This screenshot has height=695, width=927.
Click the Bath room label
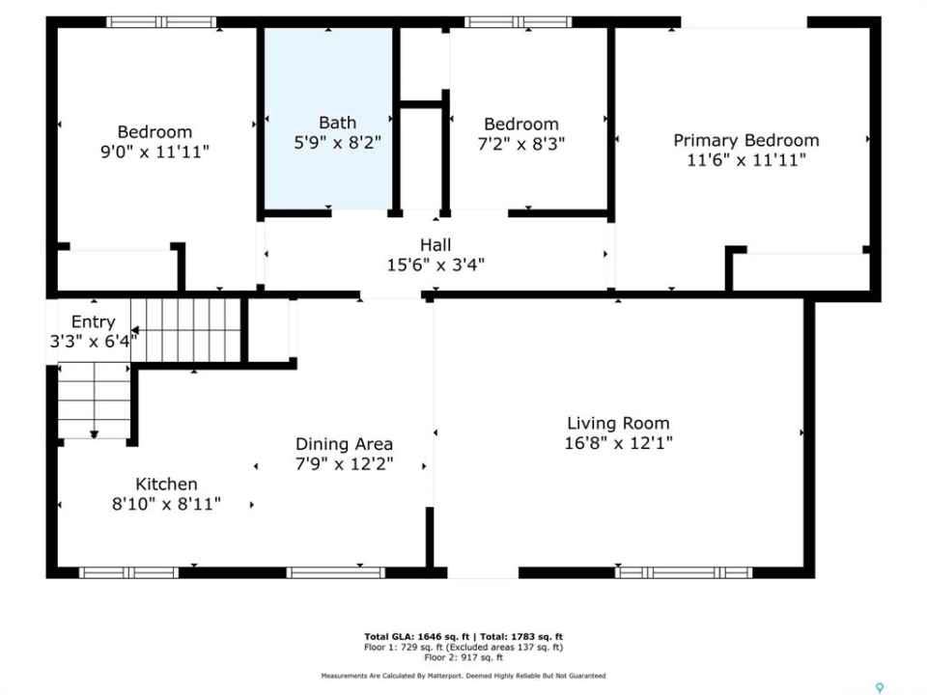click(x=338, y=123)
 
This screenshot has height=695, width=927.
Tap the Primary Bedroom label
click(x=746, y=140)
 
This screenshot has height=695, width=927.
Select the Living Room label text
click(x=618, y=423)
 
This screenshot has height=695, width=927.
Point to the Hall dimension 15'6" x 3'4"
click(x=435, y=264)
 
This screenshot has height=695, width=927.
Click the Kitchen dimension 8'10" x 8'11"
click(x=166, y=504)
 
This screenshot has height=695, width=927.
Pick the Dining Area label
click(x=344, y=444)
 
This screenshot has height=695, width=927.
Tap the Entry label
click(x=94, y=322)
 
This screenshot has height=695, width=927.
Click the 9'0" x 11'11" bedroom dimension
click(x=154, y=152)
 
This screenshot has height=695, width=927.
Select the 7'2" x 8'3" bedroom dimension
click(x=520, y=144)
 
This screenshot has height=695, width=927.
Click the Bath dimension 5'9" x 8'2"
click(x=338, y=142)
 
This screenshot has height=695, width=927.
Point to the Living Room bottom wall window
click(x=684, y=572)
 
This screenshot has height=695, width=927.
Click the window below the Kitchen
click(x=128, y=572)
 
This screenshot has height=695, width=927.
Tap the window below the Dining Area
click(x=336, y=572)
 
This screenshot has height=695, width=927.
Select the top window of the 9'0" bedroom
click(x=161, y=22)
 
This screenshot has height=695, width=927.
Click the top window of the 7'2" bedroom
click(x=519, y=22)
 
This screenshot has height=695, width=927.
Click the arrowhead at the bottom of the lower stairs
click(x=94, y=435)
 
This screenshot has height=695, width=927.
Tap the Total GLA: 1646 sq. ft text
click(x=416, y=636)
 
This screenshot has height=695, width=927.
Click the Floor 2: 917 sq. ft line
click(x=463, y=657)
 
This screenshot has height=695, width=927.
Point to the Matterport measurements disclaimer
click(x=463, y=676)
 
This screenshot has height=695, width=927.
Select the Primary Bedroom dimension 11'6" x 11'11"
click(x=746, y=159)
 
